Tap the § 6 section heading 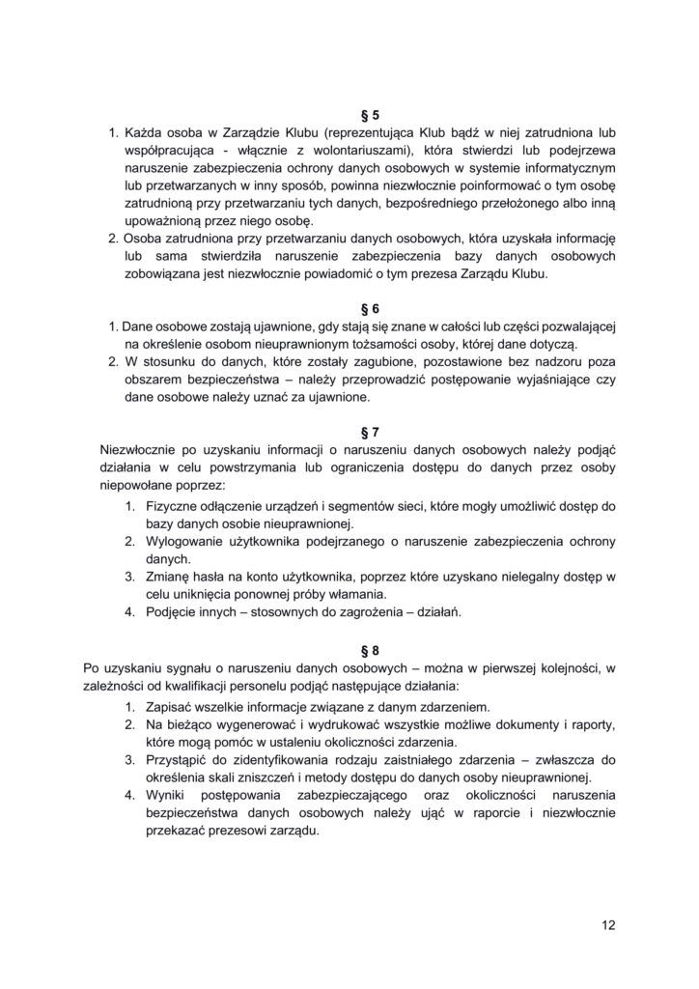pos(349,309)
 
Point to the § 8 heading pos(349,650)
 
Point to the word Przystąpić pos(182,760)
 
